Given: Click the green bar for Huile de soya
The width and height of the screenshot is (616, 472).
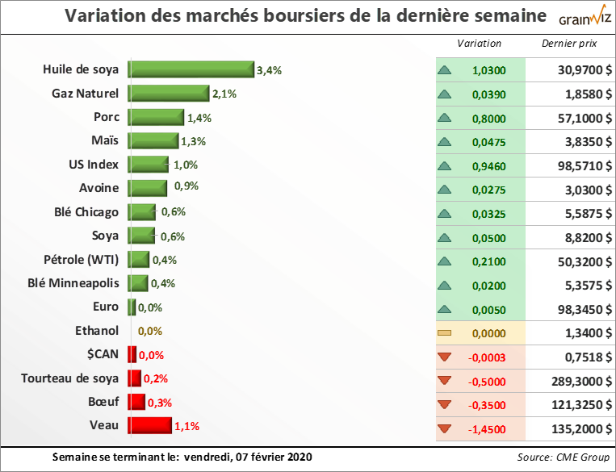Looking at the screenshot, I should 191,70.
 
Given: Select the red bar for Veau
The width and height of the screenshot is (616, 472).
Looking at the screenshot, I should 149,425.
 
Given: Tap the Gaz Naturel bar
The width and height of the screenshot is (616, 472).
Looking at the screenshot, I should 168,94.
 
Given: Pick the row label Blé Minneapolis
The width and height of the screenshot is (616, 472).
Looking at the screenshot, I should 73,283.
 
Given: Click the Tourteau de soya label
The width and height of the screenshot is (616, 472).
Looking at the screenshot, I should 70,378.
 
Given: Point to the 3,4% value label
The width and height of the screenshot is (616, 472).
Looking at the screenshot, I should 269,70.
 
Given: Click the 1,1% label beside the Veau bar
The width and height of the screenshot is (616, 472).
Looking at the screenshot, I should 186,425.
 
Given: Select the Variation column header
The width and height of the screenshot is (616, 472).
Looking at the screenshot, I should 479,44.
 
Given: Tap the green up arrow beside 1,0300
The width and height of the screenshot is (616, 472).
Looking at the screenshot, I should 444,70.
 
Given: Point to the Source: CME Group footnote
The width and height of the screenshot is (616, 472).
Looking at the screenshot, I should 562,457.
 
